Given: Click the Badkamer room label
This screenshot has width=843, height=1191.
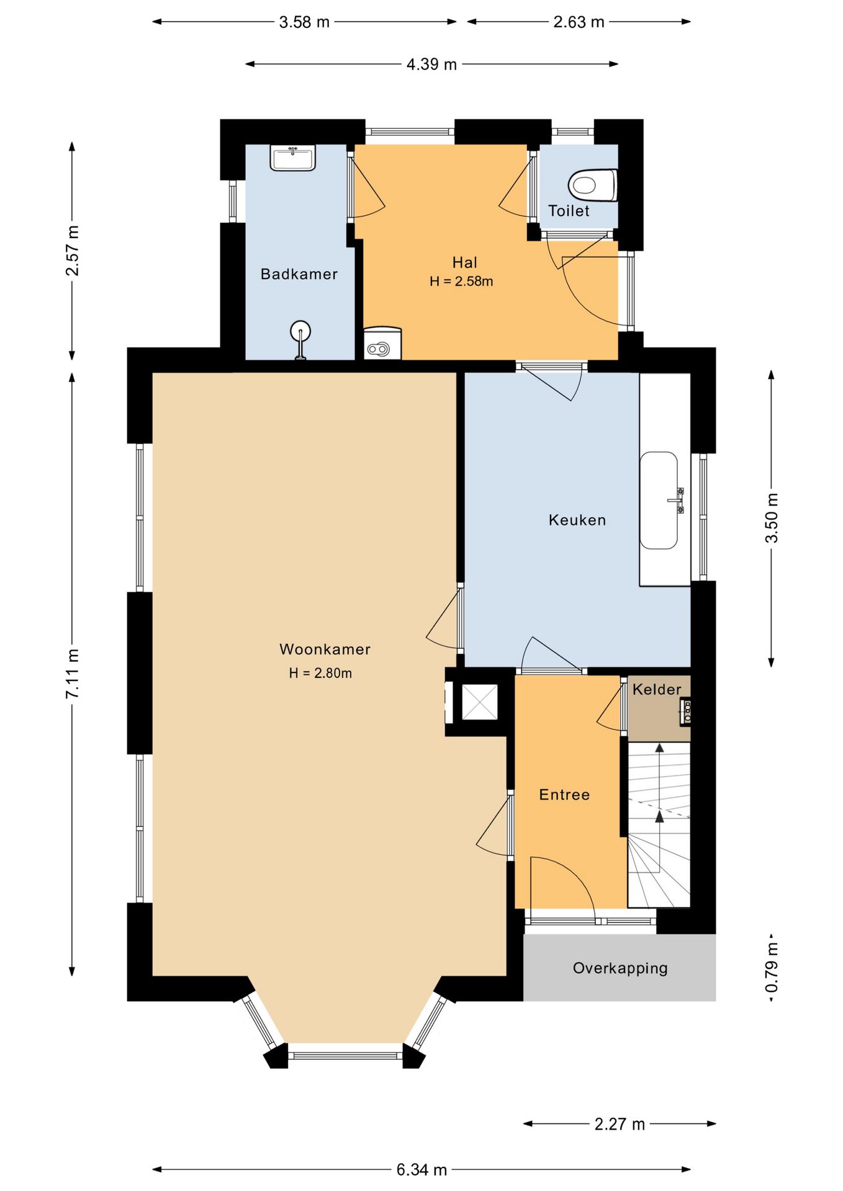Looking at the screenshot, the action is tap(299, 274).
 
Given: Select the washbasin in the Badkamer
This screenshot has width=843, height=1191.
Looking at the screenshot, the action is tap(293, 158).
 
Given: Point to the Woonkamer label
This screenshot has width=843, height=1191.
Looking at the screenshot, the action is tap(325, 649).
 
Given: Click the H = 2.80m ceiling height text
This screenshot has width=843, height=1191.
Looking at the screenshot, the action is tap(320, 673).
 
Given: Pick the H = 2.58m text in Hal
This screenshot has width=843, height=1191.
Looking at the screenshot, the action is tap(461, 281).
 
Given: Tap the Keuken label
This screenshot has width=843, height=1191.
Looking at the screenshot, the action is tap(577, 520).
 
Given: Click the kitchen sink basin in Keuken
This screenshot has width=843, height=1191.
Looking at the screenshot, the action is tap(659, 500).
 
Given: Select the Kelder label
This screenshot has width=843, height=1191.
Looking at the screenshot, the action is tap(657, 689).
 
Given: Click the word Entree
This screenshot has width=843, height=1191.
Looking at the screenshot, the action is tap(564, 795).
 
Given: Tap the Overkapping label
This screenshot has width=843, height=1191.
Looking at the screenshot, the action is tap(620, 968).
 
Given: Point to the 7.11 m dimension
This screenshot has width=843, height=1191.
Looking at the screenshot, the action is tap(73, 674).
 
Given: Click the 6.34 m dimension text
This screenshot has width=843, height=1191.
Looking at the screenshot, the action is tap(421, 1169).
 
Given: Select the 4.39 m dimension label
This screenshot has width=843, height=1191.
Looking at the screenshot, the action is tap(431, 64).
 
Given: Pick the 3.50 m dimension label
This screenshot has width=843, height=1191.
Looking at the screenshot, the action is tap(771, 518).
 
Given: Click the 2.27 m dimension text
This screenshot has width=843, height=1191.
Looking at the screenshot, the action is tap(620, 1123).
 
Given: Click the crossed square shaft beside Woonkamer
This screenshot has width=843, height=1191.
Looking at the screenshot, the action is tap(480, 702).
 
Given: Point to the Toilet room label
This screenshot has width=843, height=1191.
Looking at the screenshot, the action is tap(569, 211).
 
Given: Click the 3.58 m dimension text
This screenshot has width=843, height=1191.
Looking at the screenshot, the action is tap(304, 22).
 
